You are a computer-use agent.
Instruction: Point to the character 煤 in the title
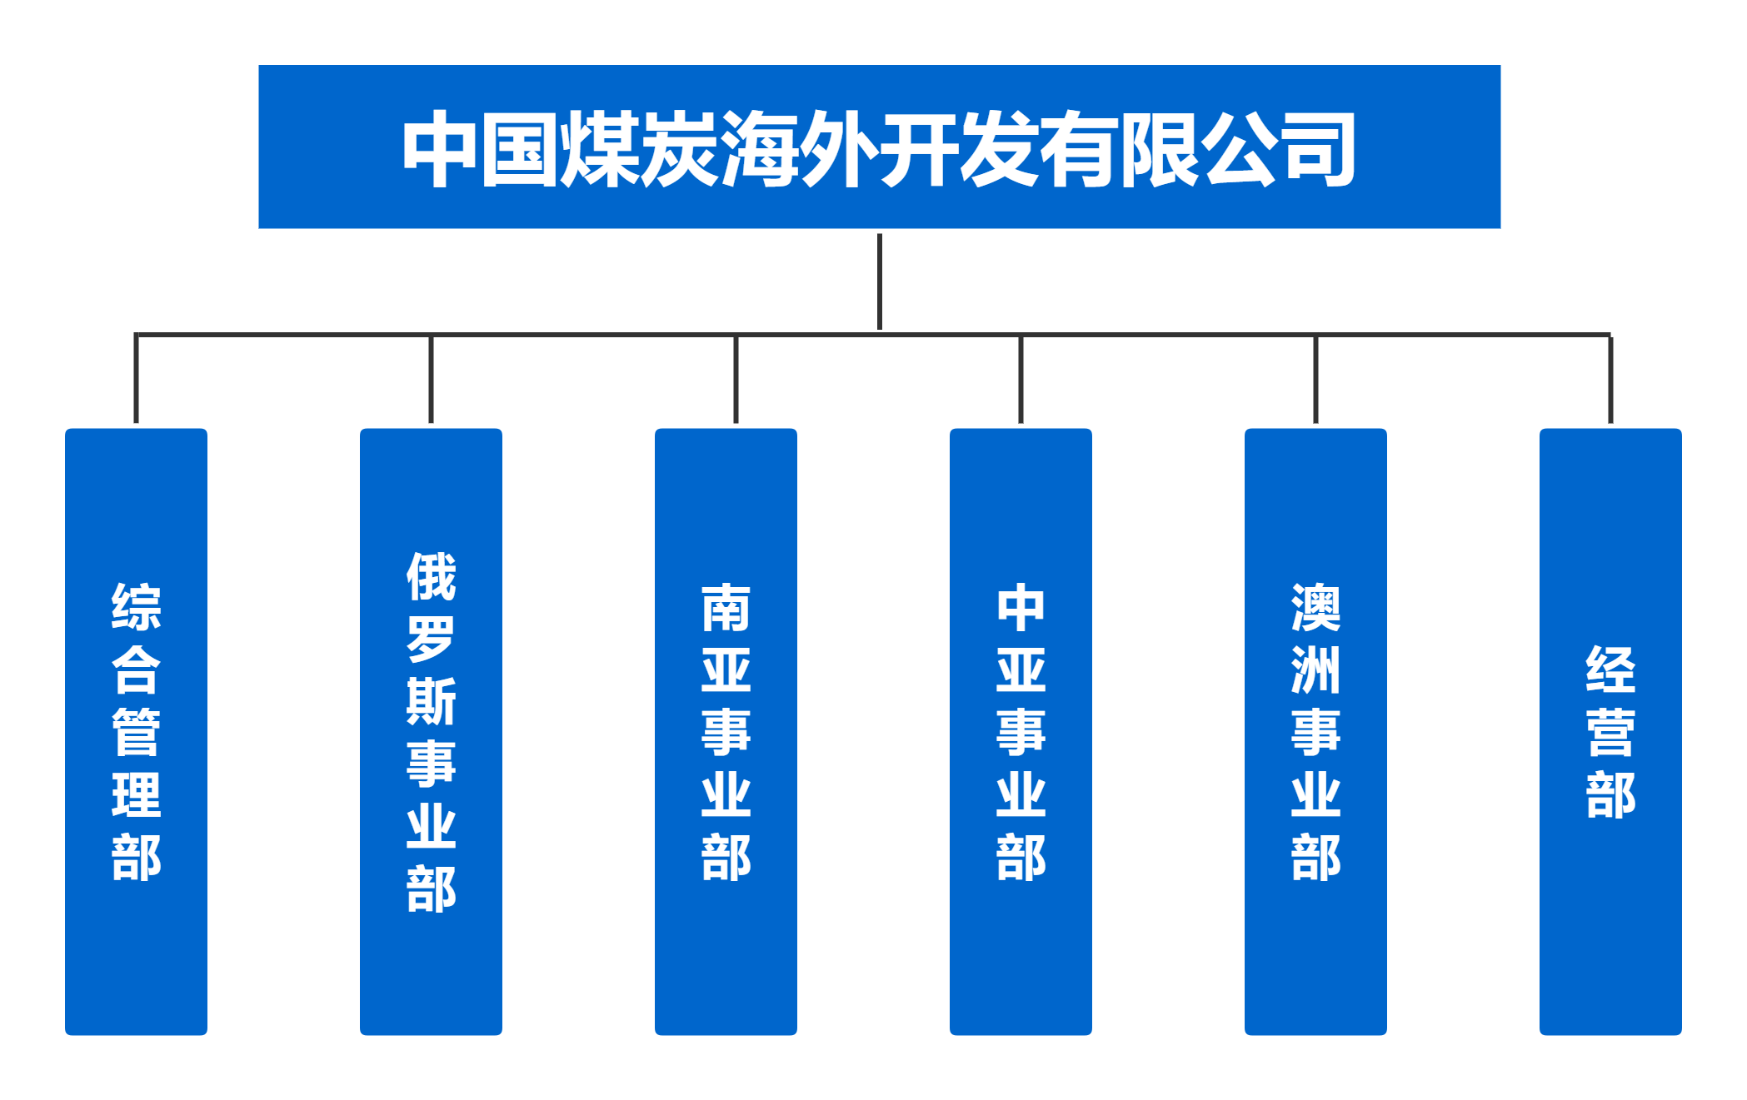[600, 150]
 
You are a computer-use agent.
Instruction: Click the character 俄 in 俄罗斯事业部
[431, 576]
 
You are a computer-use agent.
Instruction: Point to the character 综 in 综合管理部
[136, 607]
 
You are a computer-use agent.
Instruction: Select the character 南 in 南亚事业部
[726, 608]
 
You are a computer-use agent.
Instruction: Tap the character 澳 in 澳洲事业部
[1315, 608]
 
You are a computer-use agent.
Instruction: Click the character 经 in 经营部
[1610, 669]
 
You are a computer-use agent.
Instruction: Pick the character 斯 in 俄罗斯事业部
[431, 701]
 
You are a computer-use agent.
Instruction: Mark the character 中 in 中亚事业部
[1021, 608]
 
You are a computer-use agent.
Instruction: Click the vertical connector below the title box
[880, 283]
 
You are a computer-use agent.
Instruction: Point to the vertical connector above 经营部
[1610, 380]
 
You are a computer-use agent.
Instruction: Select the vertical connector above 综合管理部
[136, 380]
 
